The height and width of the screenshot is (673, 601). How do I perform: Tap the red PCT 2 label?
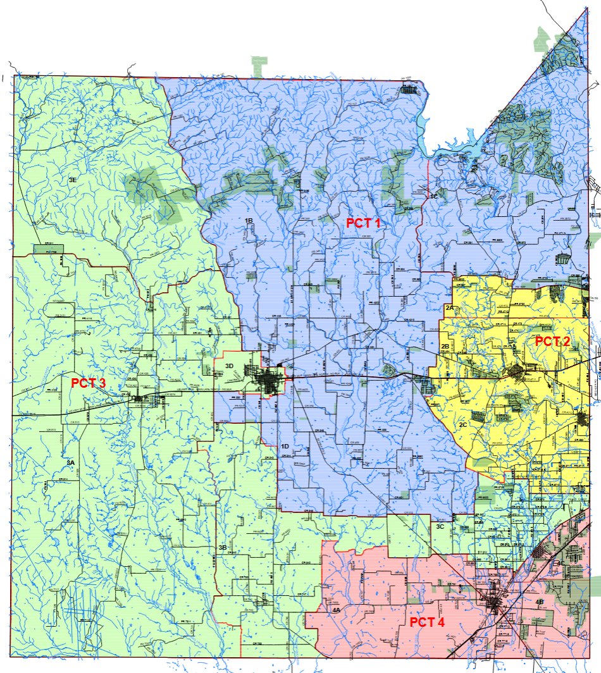coord(552,341)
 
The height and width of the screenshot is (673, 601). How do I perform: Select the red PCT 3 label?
coord(88,383)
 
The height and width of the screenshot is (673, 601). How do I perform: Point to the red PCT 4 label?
coord(427,622)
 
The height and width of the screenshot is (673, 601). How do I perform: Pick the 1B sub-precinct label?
coord(249,219)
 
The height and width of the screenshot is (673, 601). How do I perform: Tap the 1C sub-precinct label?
coord(433,197)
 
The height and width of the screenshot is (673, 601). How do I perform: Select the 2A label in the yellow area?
coord(450,307)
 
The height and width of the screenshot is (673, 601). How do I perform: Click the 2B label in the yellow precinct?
coord(445,347)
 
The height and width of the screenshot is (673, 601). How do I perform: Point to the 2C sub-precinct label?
coord(463,425)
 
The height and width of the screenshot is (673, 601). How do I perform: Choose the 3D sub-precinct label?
coord(230,366)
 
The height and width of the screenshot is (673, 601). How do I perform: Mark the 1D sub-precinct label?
coord(285,447)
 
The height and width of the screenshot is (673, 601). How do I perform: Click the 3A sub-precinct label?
coord(71,464)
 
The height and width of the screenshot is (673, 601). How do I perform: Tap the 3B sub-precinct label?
coord(222,547)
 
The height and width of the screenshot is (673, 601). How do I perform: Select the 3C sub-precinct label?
coord(440,526)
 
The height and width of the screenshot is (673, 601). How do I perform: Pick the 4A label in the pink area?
coord(336,610)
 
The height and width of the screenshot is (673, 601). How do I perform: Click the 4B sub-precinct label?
coord(540,602)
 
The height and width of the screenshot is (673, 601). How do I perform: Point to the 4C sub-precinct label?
coord(559,563)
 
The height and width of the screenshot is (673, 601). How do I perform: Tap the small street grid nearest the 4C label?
coord(541,551)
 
